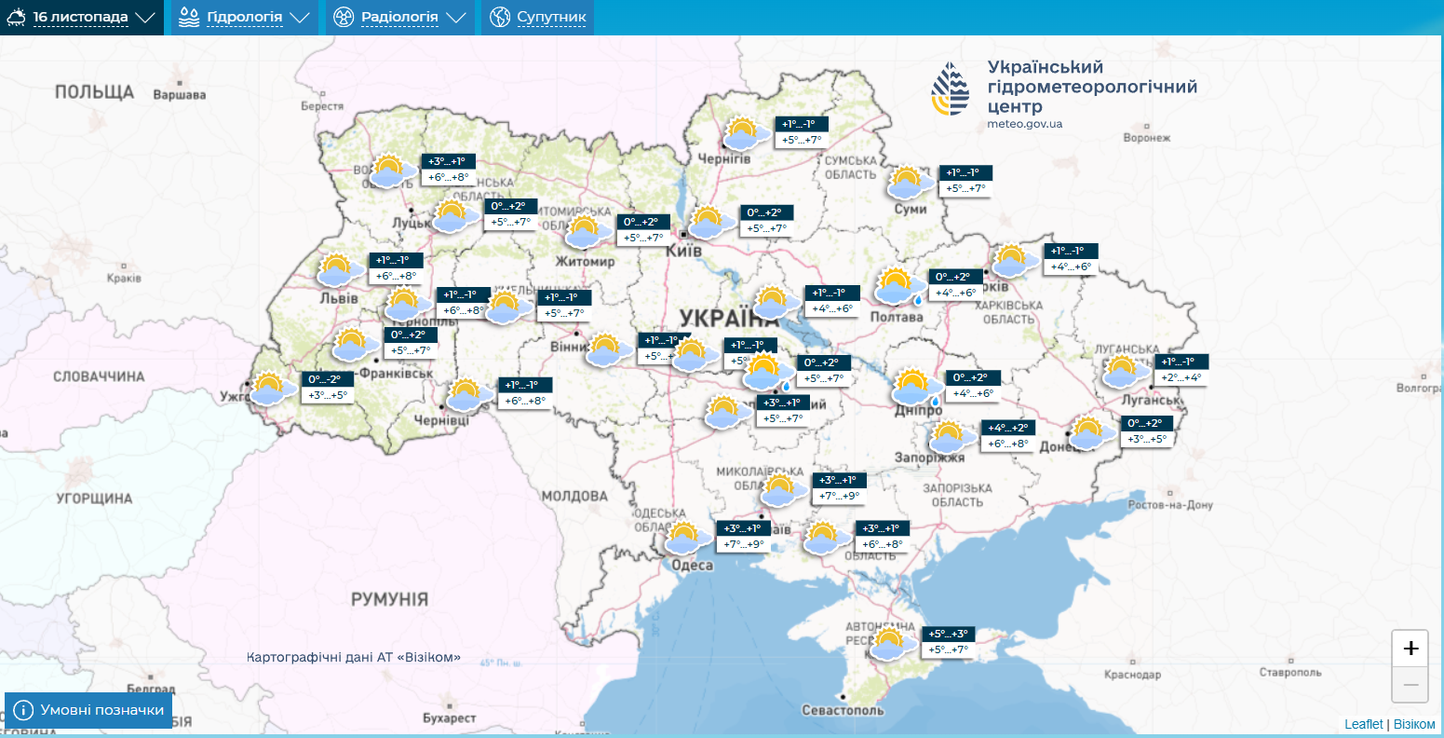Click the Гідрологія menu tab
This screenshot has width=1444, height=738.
(244, 18)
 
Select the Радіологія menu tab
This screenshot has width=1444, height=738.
(398, 18)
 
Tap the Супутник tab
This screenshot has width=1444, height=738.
(537, 18)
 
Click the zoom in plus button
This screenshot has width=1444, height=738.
(1410, 649)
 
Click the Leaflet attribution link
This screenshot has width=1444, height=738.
(1363, 724)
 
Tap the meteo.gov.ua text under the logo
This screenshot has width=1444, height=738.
(1024, 124)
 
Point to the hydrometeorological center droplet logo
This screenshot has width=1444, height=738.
(950, 89)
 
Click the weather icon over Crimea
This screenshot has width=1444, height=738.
(890, 643)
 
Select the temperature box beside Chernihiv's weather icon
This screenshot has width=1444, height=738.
(802, 131)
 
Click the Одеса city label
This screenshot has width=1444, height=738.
(692, 565)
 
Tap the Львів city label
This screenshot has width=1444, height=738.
(338, 298)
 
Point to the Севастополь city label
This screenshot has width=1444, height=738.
(843, 710)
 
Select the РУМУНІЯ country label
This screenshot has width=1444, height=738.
(389, 598)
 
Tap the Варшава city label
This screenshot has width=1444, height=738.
(179, 95)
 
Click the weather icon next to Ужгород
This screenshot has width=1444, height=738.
(268, 388)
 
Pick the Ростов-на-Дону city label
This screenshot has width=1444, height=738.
(1170, 505)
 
